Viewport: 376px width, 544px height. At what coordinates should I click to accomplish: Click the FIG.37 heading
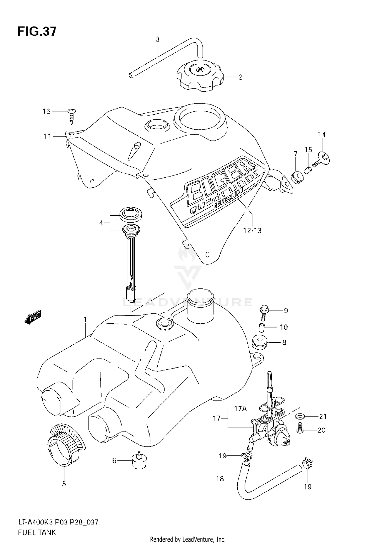tap(37, 32)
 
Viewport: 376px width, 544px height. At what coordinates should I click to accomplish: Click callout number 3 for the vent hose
tap(158, 39)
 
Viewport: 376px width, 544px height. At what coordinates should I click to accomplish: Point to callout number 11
tap(47, 137)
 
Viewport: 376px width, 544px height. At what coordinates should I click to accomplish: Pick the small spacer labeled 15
tap(308, 171)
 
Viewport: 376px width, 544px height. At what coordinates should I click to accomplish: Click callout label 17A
tap(241, 409)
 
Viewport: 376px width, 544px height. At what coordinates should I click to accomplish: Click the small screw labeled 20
tap(300, 430)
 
